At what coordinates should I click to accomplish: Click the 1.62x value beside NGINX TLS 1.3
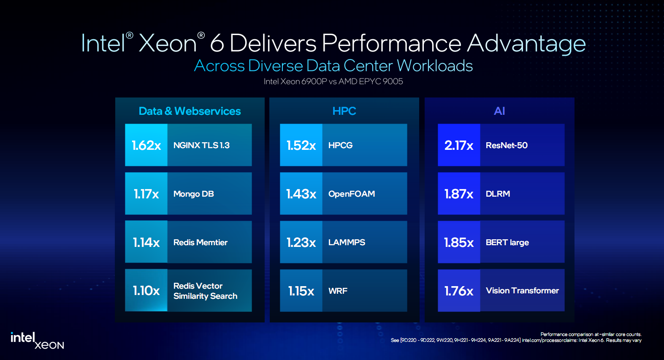click(x=146, y=145)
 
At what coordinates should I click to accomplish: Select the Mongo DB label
click(x=193, y=194)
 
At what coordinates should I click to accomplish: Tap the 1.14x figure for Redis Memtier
click(x=146, y=242)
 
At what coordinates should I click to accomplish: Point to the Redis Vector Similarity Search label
click(x=205, y=291)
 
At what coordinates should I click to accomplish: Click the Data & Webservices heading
click(x=190, y=111)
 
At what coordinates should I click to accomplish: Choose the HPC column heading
click(x=344, y=111)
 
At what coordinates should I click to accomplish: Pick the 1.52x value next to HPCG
click(x=301, y=145)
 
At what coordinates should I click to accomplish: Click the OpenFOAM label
click(x=352, y=194)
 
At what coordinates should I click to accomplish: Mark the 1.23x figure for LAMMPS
click(x=301, y=242)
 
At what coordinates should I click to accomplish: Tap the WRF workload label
click(x=338, y=291)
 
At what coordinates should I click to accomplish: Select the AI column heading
click(x=499, y=111)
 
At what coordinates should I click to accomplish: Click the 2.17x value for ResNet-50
click(x=459, y=145)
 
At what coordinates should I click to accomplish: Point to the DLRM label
click(x=498, y=194)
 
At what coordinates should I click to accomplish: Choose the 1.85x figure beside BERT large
click(x=459, y=242)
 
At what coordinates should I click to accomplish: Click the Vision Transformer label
click(x=522, y=290)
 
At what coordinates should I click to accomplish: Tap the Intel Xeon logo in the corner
click(x=37, y=341)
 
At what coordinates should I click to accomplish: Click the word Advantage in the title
click(x=526, y=43)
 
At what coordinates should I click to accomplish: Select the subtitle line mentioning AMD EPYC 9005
click(x=333, y=81)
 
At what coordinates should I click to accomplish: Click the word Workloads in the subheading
click(x=435, y=66)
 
